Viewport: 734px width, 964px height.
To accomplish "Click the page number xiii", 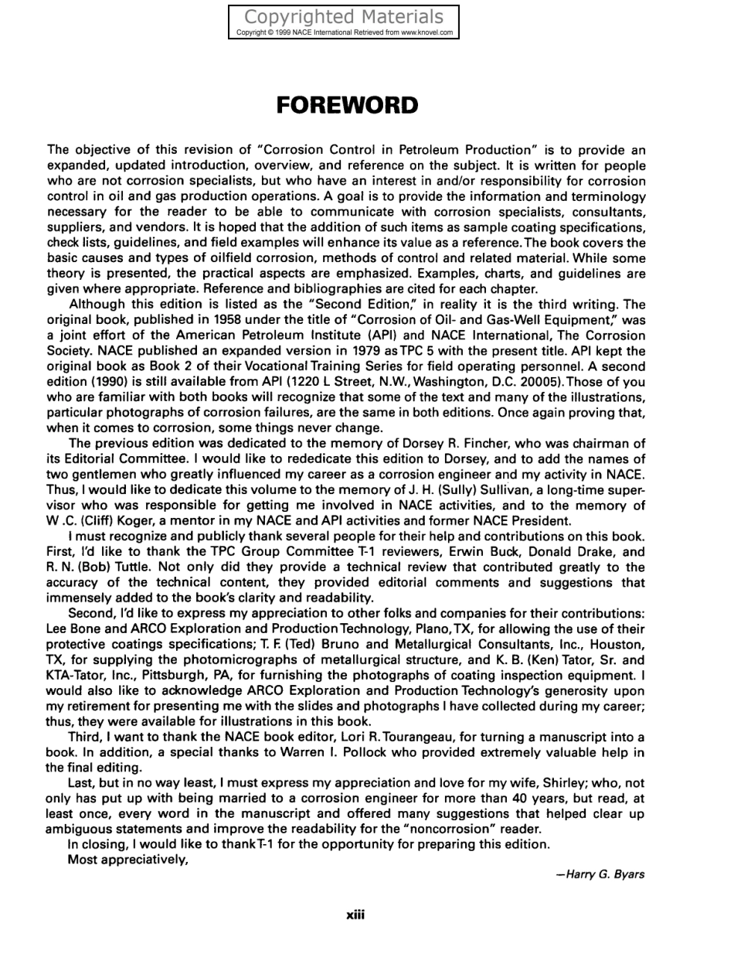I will (355, 915).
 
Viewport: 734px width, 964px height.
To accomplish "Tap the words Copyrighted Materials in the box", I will (344, 17).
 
